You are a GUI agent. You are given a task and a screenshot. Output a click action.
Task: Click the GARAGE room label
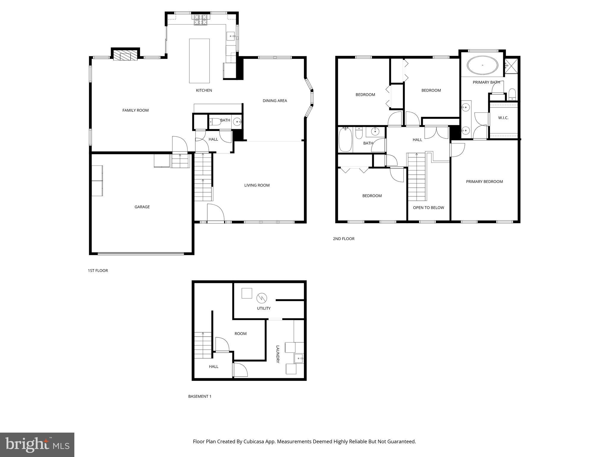point(142,207)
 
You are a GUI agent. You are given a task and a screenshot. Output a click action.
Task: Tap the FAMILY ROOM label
point(135,110)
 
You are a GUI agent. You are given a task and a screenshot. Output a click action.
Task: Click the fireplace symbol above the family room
point(125,55)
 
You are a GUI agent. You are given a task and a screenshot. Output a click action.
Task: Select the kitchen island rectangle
point(199,61)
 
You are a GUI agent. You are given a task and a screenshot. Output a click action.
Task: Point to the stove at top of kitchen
point(201,20)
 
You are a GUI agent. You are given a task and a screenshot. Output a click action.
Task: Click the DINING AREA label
point(275,101)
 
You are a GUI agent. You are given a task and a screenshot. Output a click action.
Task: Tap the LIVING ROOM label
point(257,185)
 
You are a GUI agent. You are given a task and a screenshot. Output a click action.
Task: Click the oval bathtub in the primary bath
point(482,65)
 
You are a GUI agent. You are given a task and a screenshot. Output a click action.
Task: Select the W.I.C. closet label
point(503,118)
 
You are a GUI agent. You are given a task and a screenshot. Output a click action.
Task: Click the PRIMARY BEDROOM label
point(484,182)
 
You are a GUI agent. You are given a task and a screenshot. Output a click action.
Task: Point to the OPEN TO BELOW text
point(428,208)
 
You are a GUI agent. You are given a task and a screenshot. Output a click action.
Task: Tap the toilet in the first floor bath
point(215,121)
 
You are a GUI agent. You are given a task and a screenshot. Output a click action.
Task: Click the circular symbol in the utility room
point(262,298)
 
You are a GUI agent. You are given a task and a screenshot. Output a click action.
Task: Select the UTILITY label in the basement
point(264,309)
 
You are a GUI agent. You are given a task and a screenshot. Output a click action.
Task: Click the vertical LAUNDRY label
point(278,354)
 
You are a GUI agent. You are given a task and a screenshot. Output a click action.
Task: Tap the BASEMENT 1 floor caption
point(200,396)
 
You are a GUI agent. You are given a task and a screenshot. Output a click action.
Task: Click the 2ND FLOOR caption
point(343,239)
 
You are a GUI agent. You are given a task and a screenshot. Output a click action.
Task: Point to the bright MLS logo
point(37,445)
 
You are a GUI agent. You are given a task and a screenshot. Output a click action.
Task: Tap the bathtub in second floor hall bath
point(345,140)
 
